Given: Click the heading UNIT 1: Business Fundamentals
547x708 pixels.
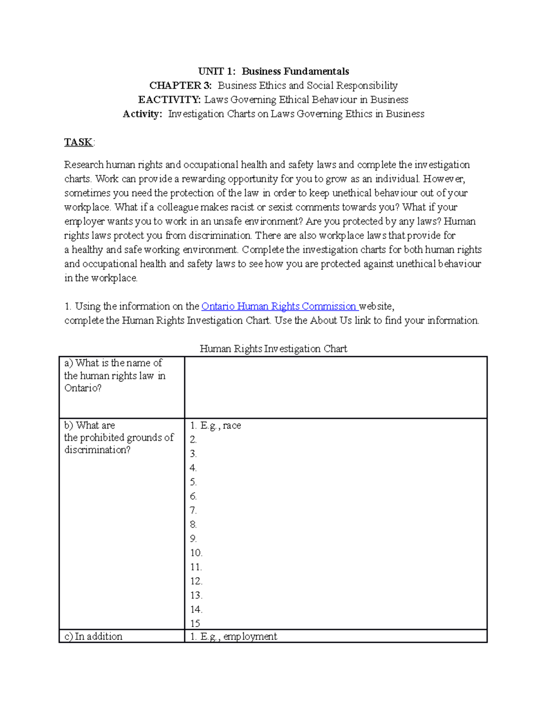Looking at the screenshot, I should point(273,71).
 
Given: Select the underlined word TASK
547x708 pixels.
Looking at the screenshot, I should point(78,142).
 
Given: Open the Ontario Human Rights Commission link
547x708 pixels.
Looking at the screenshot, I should point(279,306).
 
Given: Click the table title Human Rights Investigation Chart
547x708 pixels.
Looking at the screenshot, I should point(273,349).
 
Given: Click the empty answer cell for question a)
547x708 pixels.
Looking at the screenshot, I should point(335,388).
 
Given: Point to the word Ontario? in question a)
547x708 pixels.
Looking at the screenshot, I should point(83,388).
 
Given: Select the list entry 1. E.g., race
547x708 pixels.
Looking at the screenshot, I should point(216,425).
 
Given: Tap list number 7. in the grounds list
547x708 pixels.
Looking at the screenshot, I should point(193,510).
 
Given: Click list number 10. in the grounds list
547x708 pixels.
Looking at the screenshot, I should point(196,553).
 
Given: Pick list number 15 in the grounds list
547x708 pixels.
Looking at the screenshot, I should point(195,623).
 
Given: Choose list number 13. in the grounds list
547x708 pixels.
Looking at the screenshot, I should point(196,595).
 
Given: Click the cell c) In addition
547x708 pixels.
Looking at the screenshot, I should point(93,636).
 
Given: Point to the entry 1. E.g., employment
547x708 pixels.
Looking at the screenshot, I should point(233,636).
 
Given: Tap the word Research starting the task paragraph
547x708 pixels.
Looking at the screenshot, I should point(84,165).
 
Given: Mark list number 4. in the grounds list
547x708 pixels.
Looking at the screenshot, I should point(193,468).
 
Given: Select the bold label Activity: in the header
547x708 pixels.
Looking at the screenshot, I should point(142,114).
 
